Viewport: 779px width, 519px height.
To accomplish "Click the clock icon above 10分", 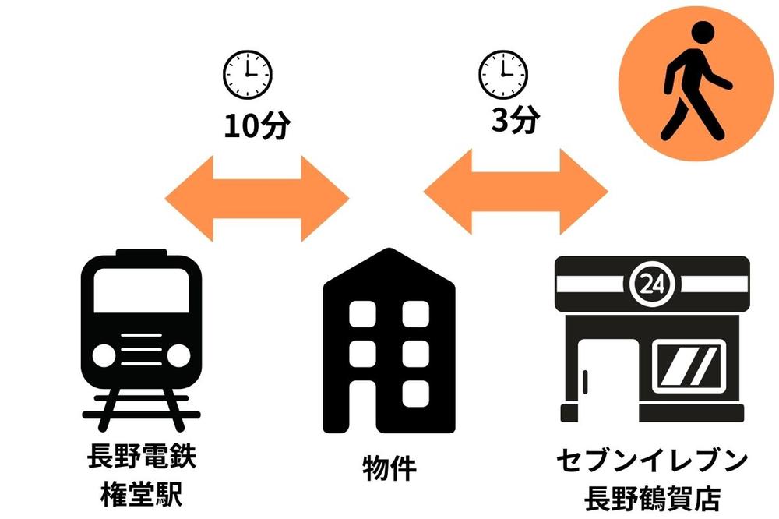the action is pos(248,73).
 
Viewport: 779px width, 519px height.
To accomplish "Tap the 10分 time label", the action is pos(256,126).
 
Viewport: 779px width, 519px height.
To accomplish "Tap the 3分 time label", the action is pos(515,121).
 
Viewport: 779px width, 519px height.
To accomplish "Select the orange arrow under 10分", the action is pos(256,198).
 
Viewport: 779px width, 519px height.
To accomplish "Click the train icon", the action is pos(142,335).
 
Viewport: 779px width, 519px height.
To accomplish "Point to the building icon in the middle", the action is pos(389,343).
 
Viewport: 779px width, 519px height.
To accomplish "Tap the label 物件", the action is pos(389,468).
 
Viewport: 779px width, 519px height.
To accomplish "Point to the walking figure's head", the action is pos(703,33).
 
